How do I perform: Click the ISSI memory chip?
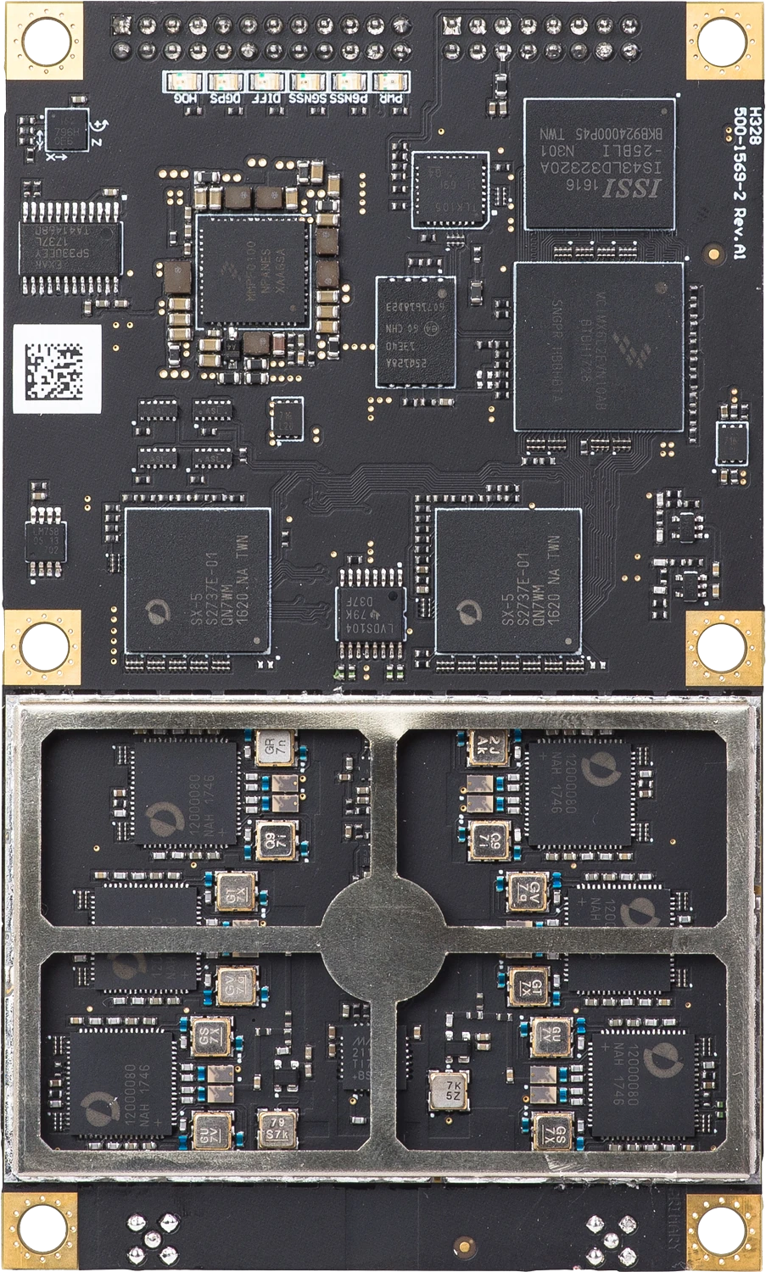[x=600, y=164]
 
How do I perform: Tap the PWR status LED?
[x=391, y=83]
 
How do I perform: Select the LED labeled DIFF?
[x=266, y=83]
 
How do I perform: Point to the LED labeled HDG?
[x=182, y=83]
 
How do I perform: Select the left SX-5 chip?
[x=197, y=580]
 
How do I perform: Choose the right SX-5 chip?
[x=507, y=580]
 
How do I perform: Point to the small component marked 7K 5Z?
[x=450, y=1090]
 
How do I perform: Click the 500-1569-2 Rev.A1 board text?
[x=741, y=182]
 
